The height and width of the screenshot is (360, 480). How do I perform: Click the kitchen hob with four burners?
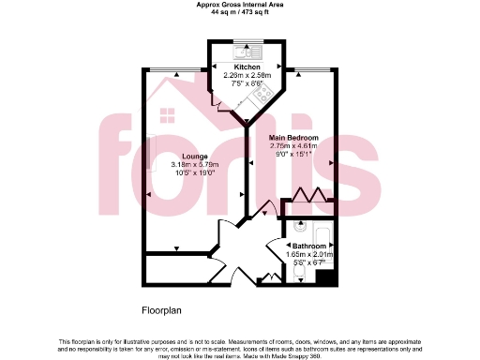coord(265,92)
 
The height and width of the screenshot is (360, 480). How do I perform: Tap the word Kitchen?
coord(247,67)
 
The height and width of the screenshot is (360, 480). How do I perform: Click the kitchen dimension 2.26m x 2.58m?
coord(247,75)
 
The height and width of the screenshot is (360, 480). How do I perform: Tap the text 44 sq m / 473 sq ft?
coord(239,13)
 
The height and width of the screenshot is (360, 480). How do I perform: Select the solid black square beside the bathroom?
coord(325,277)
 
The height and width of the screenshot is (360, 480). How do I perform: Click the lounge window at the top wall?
coord(173,70)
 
